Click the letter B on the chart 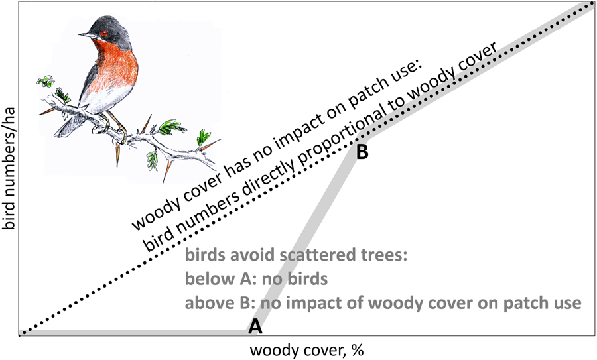(362, 152)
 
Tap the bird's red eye (103, 33)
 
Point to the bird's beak (84, 34)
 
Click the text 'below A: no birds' (256, 279)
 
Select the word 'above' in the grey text (205, 302)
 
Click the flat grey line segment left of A (133, 331)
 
